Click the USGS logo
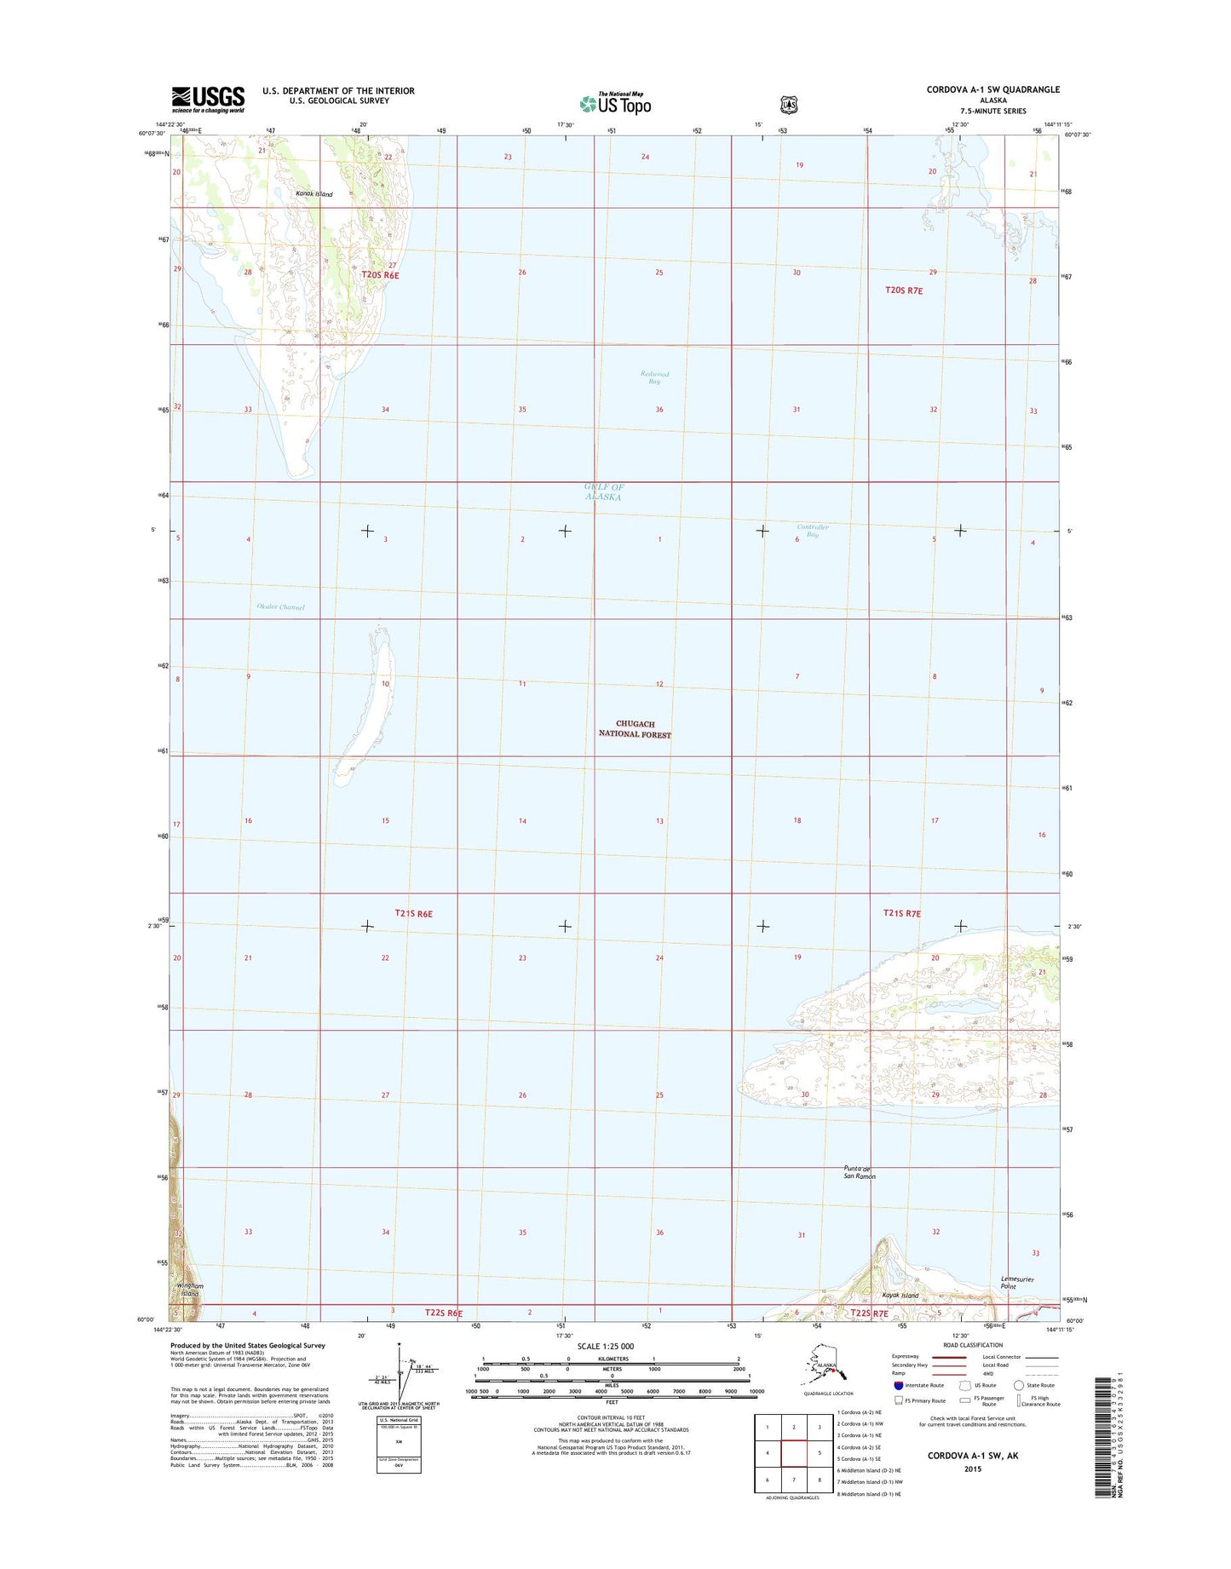pos(208,99)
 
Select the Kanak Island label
pos(314,194)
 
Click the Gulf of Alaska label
pos(603,491)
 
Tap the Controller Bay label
pos(812,531)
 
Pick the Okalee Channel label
pos(280,607)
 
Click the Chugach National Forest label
pos(635,729)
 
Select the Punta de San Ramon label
pos(859,1172)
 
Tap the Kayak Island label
pos(900,1296)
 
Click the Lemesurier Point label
pos(1015,1282)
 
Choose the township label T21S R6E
pos(414,913)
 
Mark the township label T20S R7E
pos(904,290)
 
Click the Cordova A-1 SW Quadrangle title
pos(993,89)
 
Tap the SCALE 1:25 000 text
pos(605,1347)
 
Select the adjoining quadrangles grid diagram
pos(793,1453)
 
